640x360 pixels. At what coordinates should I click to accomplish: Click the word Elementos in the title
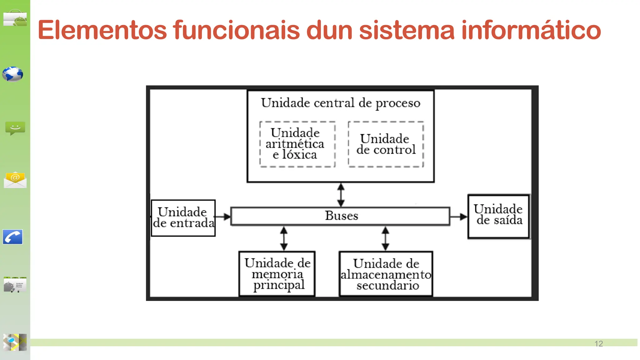(x=102, y=30)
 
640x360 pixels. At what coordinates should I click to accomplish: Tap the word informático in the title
(x=531, y=30)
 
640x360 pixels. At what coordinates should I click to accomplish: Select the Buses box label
(x=341, y=216)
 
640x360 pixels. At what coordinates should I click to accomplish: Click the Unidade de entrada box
(x=183, y=218)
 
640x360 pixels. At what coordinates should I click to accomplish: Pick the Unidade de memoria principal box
(x=277, y=274)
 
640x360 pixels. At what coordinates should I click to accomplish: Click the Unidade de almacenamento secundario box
(x=386, y=274)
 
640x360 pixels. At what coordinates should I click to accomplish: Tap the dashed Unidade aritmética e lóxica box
(x=297, y=144)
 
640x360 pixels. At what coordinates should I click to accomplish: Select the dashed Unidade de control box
(x=386, y=144)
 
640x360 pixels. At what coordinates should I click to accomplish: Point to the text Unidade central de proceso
(x=341, y=103)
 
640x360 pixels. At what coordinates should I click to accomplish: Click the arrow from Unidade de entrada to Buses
(x=223, y=217)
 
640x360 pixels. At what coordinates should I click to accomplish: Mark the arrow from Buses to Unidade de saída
(x=459, y=216)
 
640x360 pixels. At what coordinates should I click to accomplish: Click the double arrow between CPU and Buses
(x=341, y=195)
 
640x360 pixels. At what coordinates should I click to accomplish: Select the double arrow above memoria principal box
(x=284, y=238)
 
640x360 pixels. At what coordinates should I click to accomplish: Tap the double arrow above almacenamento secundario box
(x=385, y=238)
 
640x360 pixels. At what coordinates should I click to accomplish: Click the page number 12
(x=598, y=343)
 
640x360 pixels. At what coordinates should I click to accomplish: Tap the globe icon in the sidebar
(x=12, y=74)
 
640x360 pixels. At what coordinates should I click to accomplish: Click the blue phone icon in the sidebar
(x=13, y=237)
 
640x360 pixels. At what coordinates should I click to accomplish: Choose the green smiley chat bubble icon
(x=15, y=128)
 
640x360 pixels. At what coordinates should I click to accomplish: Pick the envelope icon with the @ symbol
(x=15, y=180)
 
